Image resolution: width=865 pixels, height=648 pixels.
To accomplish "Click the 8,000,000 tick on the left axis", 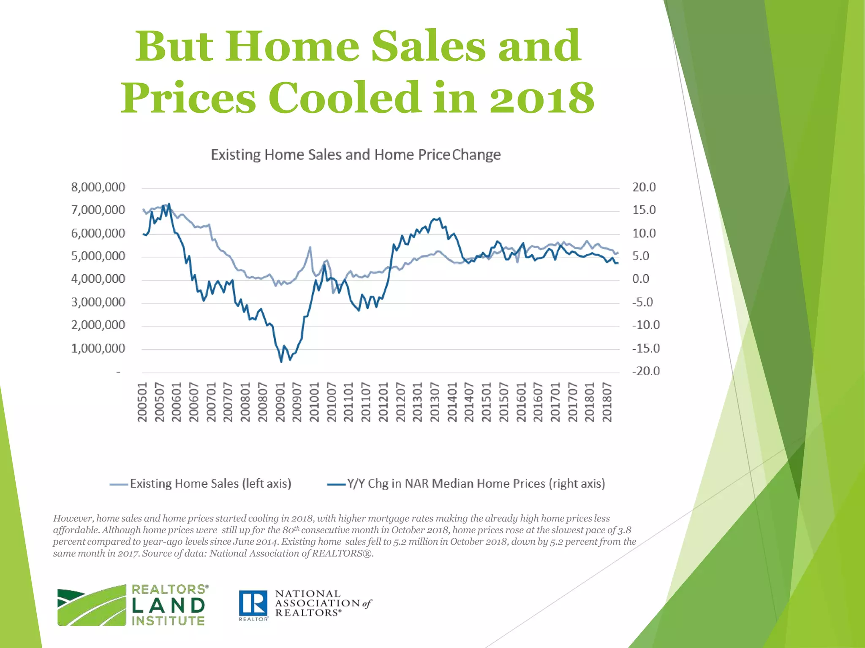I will [x=98, y=187].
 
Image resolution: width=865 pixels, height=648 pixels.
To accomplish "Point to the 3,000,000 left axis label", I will [x=98, y=302].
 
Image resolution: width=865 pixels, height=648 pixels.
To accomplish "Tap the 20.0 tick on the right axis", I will [x=644, y=187].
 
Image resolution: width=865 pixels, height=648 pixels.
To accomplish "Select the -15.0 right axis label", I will [x=645, y=348].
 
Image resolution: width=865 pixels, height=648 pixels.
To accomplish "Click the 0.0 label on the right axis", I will [x=640, y=279].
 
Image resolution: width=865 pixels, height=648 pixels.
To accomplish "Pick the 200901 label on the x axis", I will [x=280, y=402].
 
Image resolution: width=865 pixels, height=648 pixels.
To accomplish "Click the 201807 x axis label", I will [x=607, y=402].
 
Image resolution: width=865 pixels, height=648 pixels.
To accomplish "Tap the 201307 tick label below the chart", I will [x=435, y=402].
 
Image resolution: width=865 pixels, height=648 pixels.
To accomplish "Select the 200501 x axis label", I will [x=142, y=402].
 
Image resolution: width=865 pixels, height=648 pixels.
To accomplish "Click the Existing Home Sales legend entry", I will [x=201, y=483].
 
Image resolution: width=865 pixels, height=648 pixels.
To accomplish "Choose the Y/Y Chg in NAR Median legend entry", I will [x=466, y=483].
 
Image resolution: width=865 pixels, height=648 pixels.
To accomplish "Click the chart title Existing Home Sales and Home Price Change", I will [x=356, y=155].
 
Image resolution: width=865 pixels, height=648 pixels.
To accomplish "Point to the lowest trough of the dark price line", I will [x=281, y=362].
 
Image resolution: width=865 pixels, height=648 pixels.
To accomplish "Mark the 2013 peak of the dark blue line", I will [x=440, y=219].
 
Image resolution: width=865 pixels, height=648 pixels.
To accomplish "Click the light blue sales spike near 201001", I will [x=310, y=248].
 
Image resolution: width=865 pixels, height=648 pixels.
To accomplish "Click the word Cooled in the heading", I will [x=345, y=98].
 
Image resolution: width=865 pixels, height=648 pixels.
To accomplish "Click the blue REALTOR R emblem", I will [x=253, y=603].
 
